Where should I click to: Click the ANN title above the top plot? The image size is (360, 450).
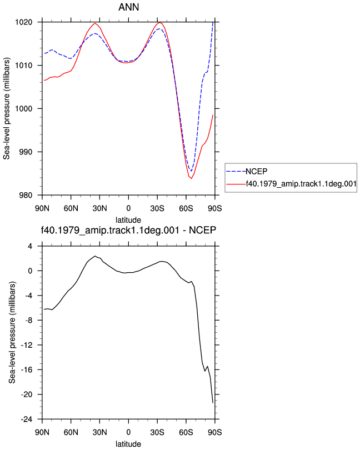click(129, 7)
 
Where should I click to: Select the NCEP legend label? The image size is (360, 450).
click(256, 171)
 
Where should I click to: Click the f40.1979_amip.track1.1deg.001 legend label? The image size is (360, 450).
click(301, 184)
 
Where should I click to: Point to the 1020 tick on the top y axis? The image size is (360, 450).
click(23, 22)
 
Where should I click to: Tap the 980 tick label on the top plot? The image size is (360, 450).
click(26, 195)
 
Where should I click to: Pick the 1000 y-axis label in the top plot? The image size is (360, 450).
click(23, 109)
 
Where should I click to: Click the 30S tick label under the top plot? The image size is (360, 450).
click(157, 208)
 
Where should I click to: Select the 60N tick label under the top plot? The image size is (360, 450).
click(71, 208)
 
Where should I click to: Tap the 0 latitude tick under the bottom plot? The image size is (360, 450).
click(128, 432)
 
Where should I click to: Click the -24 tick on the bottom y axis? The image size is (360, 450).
click(27, 419)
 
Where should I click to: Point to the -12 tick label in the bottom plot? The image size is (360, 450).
click(27, 345)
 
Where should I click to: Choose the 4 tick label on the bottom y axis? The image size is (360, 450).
click(30, 246)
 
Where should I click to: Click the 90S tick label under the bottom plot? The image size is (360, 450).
click(215, 432)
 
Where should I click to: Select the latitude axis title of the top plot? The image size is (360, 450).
click(128, 220)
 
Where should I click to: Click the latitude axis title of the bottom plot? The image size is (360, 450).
click(128, 444)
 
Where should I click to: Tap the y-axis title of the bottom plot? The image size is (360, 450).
click(12, 332)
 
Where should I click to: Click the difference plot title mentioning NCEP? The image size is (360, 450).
click(128, 230)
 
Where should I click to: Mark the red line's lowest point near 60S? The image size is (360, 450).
click(191, 178)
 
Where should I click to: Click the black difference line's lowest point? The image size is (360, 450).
click(213, 403)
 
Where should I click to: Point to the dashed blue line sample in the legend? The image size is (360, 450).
click(236, 172)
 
